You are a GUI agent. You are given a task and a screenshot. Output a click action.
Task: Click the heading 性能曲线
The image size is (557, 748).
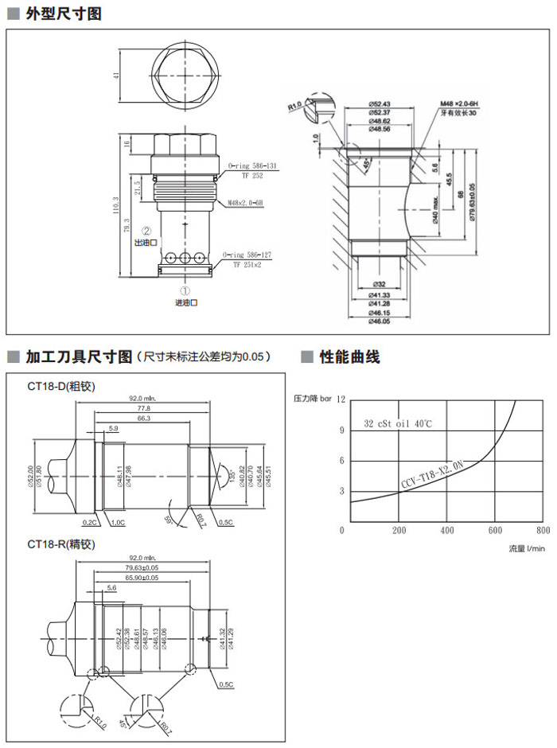coord(349,357)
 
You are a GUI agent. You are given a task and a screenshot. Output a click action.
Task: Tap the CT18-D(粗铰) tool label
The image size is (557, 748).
coord(61,387)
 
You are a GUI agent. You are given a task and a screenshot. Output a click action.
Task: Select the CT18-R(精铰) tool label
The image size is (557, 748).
coord(61,545)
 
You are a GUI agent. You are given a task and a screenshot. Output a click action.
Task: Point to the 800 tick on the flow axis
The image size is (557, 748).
coord(543,531)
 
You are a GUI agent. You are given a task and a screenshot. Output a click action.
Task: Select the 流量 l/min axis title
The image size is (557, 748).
coord(527,548)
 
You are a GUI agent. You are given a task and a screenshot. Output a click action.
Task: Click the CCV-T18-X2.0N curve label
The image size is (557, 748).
coord(431,475)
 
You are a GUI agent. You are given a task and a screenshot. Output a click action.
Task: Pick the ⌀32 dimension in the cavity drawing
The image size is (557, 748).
coord(378,284)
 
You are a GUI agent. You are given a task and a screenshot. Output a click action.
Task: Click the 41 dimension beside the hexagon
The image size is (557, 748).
coord(116,75)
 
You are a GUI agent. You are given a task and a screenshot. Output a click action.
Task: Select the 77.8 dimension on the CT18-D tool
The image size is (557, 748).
coord(142,407)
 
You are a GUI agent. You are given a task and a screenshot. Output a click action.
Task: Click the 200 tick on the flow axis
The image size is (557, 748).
coord(399,531)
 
